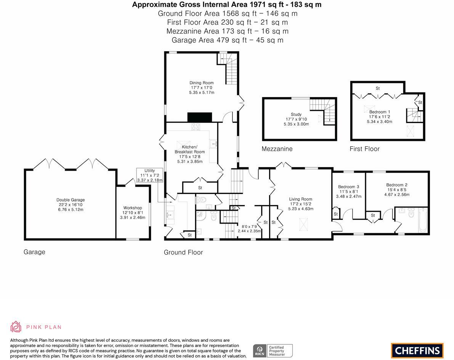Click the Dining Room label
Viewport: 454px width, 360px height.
202,83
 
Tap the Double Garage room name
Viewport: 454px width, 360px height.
71,200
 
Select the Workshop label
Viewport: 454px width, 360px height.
132,208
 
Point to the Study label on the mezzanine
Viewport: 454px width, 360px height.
296,114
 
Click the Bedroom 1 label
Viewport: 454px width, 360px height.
379,112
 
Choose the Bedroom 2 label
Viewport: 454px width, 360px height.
397,185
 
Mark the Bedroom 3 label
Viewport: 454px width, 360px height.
348,187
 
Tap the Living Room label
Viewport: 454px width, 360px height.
300,199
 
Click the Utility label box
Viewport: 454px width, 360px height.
149,175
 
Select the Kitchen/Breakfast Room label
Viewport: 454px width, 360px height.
189,149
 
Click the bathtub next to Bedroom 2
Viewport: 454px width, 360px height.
423,220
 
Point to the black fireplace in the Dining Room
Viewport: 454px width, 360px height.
199,117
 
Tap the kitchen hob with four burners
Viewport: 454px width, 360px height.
196,126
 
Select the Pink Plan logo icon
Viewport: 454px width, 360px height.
16,327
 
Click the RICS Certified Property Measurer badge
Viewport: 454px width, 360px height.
273,350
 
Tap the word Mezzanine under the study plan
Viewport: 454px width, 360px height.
277,149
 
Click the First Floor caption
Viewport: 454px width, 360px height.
364,149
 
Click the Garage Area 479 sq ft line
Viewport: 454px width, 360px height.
227,40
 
